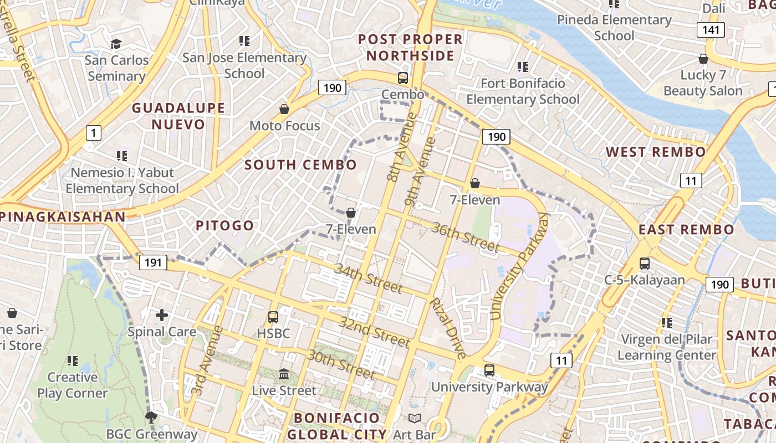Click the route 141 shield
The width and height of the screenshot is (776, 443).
pyautogui.click(x=711, y=30)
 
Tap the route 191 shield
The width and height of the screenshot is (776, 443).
pyautogui.click(x=153, y=262)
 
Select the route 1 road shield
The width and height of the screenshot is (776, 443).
pyautogui.click(x=94, y=132)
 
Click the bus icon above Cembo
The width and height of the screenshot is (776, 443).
pyautogui.click(x=403, y=78)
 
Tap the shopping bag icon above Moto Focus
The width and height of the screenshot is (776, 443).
pyautogui.click(x=284, y=109)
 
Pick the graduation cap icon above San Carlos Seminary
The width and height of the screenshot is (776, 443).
pyautogui.click(x=116, y=44)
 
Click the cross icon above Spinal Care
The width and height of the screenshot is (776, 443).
pyautogui.click(x=162, y=316)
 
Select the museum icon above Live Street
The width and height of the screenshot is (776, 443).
pyautogui.click(x=284, y=374)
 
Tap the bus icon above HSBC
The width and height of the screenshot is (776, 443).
pyautogui.click(x=273, y=317)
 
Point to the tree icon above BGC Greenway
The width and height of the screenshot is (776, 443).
pyautogui.click(x=150, y=417)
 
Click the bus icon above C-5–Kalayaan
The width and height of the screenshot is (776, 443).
pyautogui.click(x=645, y=264)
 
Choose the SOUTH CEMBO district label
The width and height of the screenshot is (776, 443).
pyautogui.click(x=301, y=164)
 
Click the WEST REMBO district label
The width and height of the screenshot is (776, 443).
pyautogui.click(x=656, y=152)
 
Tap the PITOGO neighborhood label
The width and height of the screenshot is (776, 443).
pyautogui.click(x=225, y=225)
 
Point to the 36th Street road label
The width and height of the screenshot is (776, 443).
pyautogui.click(x=466, y=236)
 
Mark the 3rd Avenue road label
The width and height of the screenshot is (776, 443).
pyautogui.click(x=200, y=360)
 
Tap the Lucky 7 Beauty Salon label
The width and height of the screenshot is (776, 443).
pyautogui.click(x=703, y=83)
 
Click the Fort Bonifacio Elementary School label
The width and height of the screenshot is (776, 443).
pyautogui.click(x=523, y=91)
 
